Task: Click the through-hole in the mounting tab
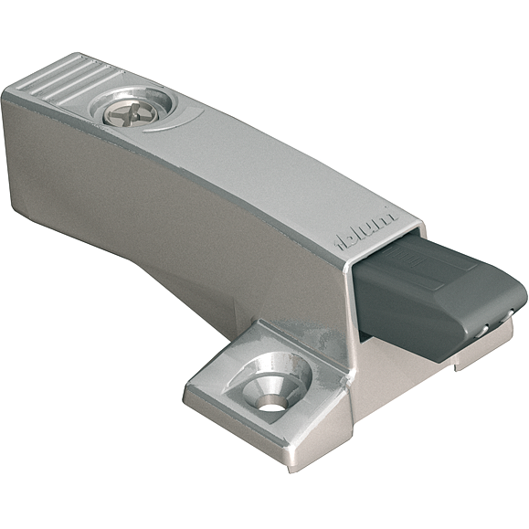pyautogui.click(x=271, y=398)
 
